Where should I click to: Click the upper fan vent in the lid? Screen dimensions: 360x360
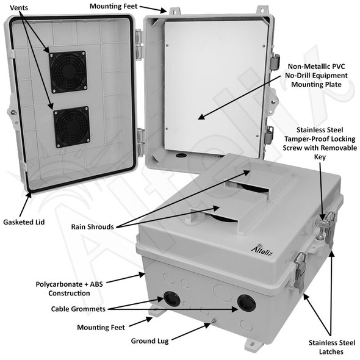67,72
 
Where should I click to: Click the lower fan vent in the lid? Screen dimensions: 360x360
72,127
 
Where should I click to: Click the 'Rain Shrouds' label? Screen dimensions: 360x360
92,226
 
